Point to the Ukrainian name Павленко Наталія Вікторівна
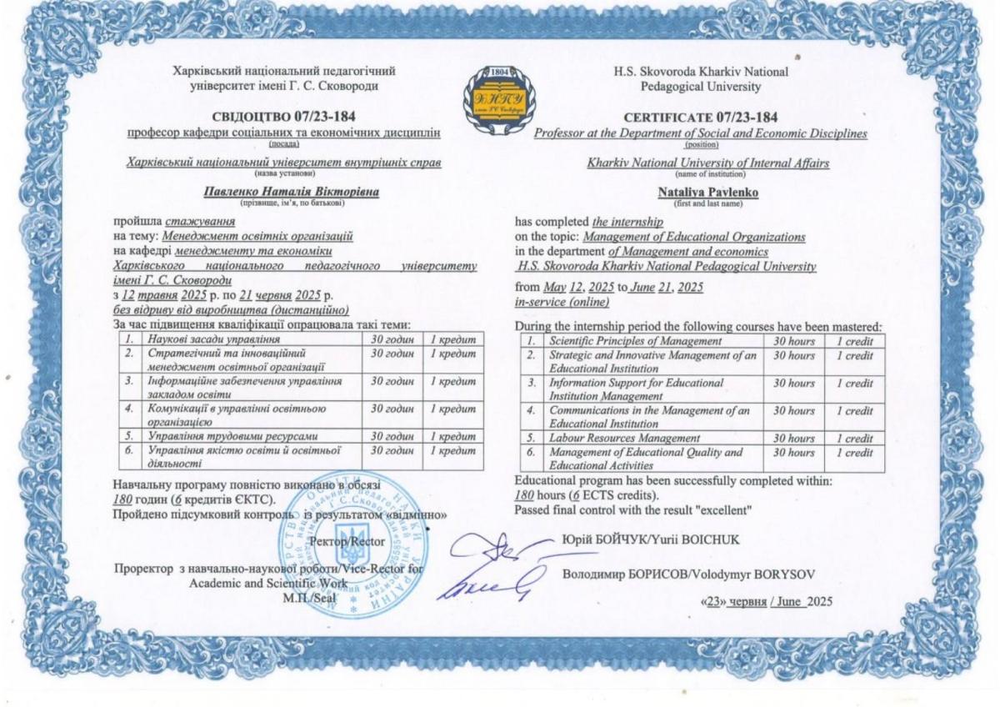point(291,193)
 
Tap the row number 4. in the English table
point(529,410)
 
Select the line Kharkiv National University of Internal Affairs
point(708,163)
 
